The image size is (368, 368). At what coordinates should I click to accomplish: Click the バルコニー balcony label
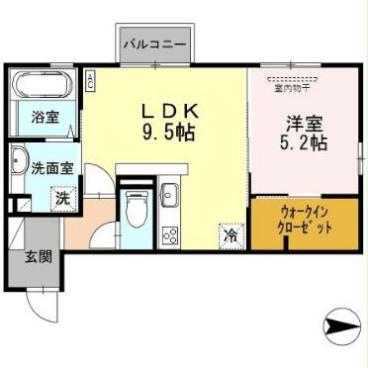[157, 45]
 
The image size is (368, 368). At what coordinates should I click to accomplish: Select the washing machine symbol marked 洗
[60, 198]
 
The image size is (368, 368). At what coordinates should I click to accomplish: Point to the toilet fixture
[137, 210]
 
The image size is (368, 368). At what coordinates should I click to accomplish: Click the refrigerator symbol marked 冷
[230, 235]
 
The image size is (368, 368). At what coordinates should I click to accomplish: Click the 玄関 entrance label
[39, 257]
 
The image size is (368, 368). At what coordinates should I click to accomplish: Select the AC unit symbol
[90, 79]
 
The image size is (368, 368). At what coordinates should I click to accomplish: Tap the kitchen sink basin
[169, 195]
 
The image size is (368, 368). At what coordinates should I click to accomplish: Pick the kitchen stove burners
[169, 235]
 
